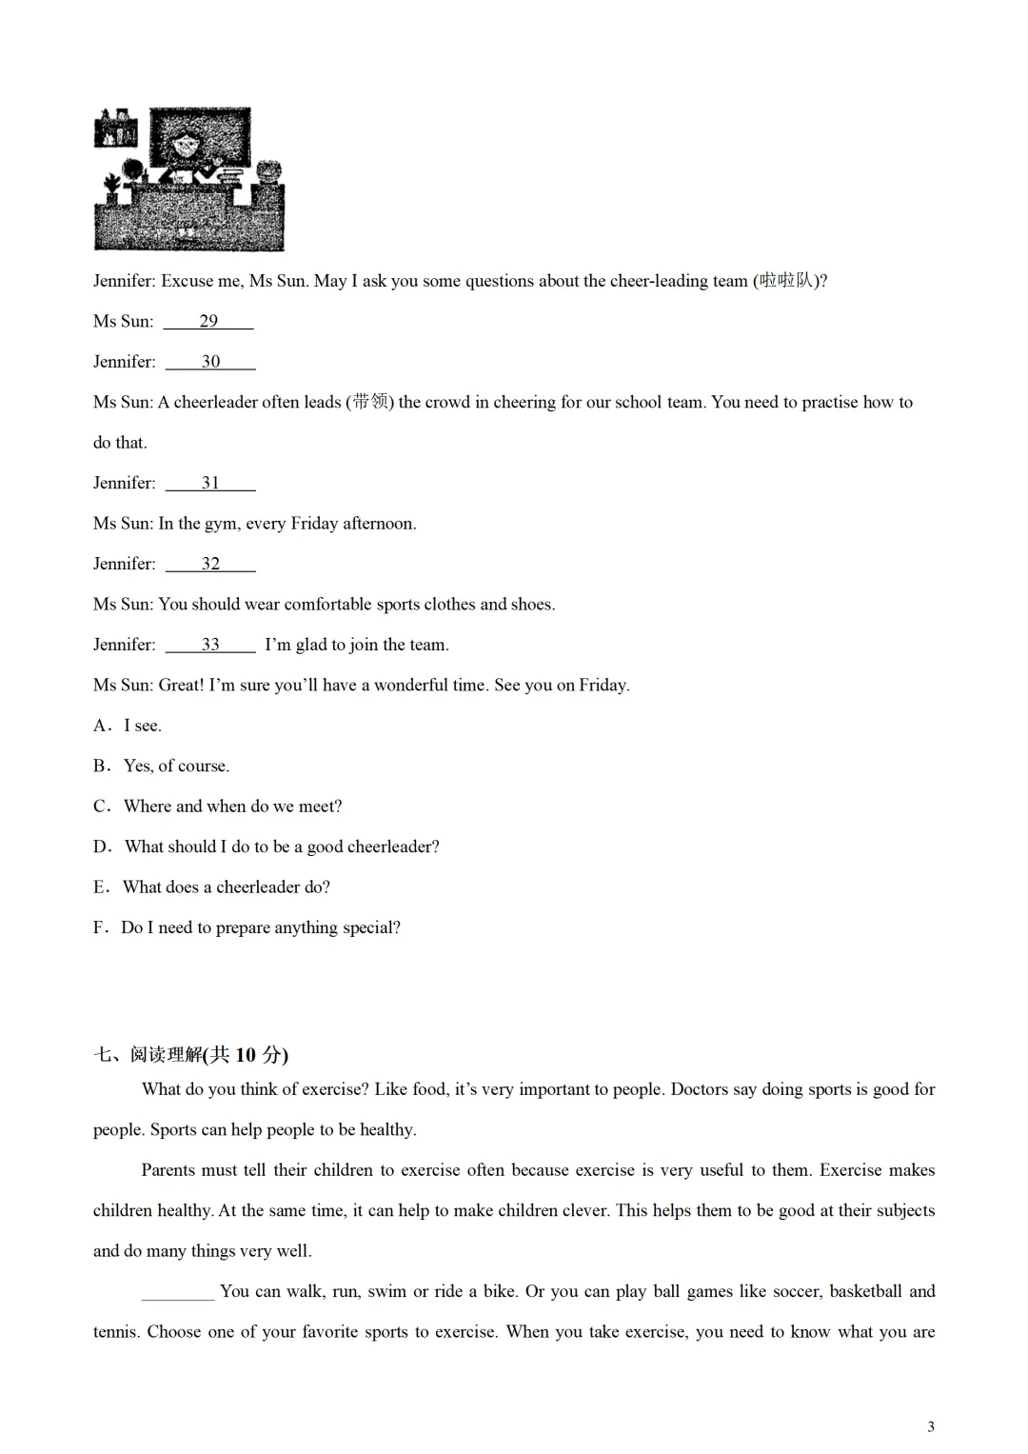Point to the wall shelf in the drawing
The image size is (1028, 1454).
pos(115,128)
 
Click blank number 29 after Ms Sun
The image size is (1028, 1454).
pos(208,321)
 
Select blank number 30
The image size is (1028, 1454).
pos(210,362)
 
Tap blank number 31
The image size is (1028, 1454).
pos(210,483)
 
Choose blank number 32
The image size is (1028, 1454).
pos(210,564)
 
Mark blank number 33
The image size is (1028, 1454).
pos(210,645)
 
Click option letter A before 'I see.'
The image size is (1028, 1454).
pos(101,726)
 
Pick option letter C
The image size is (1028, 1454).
pos(101,807)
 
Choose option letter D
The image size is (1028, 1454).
pos(101,847)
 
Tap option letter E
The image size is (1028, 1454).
pos(100,887)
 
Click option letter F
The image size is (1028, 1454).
pos(99,927)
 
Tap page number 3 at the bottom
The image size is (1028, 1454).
pos(931,1426)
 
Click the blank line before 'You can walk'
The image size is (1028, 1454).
pos(178,1292)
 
